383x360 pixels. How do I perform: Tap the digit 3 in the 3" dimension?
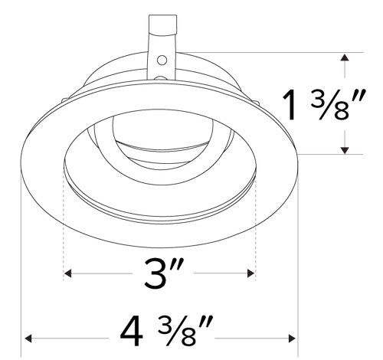tap(155, 273)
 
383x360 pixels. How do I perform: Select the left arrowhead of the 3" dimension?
tap(69, 273)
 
